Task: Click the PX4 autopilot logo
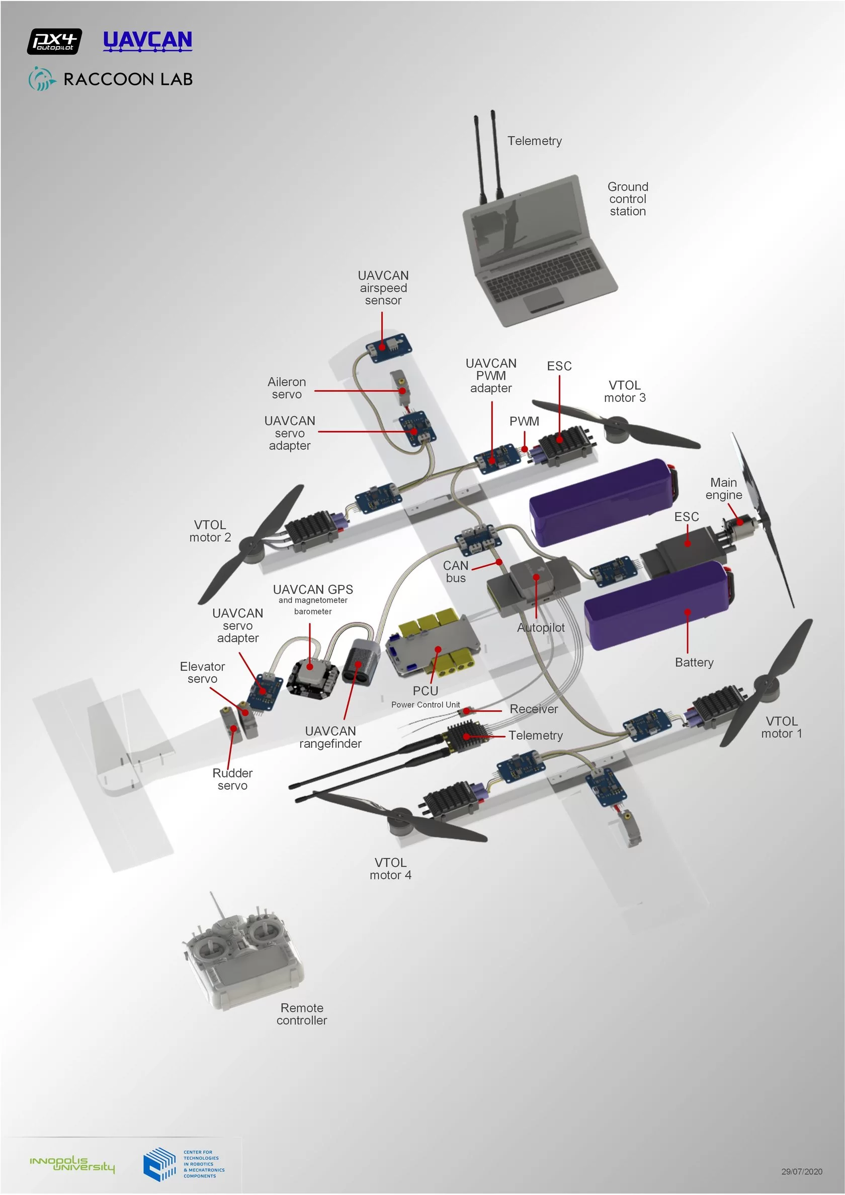(x=54, y=42)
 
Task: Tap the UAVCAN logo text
(x=147, y=40)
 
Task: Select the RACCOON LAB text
(x=128, y=79)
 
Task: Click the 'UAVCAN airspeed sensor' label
(x=383, y=288)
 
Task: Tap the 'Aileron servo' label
(x=286, y=388)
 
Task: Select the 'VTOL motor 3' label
(x=624, y=391)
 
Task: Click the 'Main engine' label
(x=723, y=489)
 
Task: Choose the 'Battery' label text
(x=694, y=662)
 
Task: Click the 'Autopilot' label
(x=540, y=628)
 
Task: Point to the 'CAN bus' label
(x=456, y=571)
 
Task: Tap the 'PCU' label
(x=426, y=691)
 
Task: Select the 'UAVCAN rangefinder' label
(x=330, y=737)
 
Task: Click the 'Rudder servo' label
(x=232, y=779)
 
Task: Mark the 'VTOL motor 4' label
(x=390, y=869)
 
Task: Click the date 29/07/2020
(x=801, y=1171)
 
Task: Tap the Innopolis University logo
(x=72, y=1164)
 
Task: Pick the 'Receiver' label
(x=534, y=709)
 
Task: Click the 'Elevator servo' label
(x=202, y=672)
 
